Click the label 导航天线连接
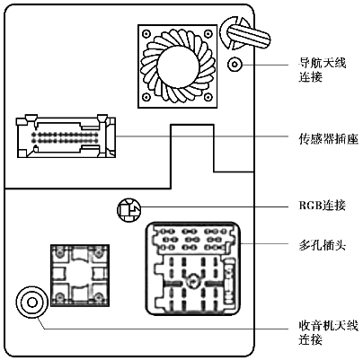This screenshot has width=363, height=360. click(x=323, y=70)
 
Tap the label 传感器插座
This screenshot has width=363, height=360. click(x=328, y=138)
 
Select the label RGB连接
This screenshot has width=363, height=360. click(x=323, y=206)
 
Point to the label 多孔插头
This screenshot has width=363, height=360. click(x=323, y=246)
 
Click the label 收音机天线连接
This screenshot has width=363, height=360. click(x=328, y=332)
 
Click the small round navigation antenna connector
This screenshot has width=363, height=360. click(x=235, y=64)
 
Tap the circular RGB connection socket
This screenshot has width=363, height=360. click(x=128, y=210)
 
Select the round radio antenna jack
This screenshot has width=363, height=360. click(x=31, y=303)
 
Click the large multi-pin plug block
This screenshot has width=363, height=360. click(x=194, y=268)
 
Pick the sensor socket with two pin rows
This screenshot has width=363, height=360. click(x=66, y=136)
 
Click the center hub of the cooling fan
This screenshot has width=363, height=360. click(x=178, y=66)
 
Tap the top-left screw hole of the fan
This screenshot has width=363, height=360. click(x=146, y=33)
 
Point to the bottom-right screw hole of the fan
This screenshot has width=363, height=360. click(x=208, y=97)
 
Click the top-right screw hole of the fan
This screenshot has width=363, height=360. click(x=208, y=33)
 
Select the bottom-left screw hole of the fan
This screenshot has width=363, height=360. click(x=146, y=97)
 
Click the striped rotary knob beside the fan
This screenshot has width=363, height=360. click(x=245, y=33)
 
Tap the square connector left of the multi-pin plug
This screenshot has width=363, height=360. click(x=80, y=276)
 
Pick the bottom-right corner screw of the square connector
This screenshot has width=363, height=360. click(x=99, y=297)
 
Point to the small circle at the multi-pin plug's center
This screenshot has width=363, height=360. click(x=191, y=282)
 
